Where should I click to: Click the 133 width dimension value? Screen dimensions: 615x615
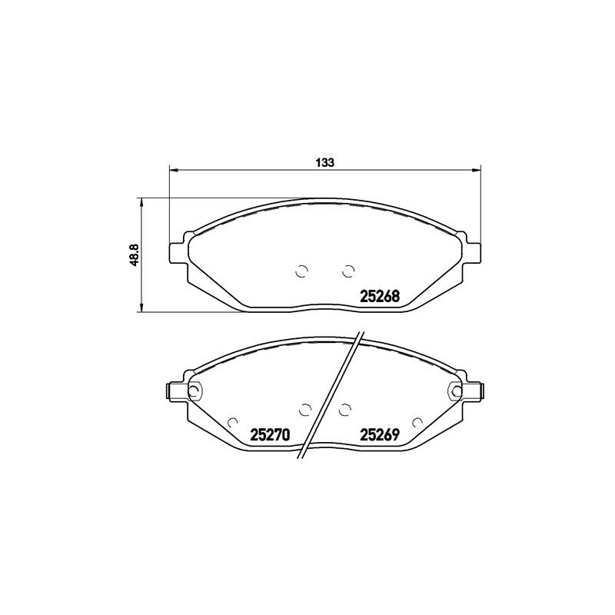[x=325, y=162]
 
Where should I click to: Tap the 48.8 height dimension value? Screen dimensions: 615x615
[x=134, y=255]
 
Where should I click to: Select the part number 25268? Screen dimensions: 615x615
[x=379, y=297]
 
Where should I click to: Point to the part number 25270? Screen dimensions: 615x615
[x=270, y=434]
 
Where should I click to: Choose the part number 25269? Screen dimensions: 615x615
[x=380, y=434]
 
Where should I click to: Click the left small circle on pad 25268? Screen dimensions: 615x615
[x=301, y=271]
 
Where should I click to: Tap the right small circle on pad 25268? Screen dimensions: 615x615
[x=348, y=271]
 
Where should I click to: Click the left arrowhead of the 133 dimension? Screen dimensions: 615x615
[x=174, y=170]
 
